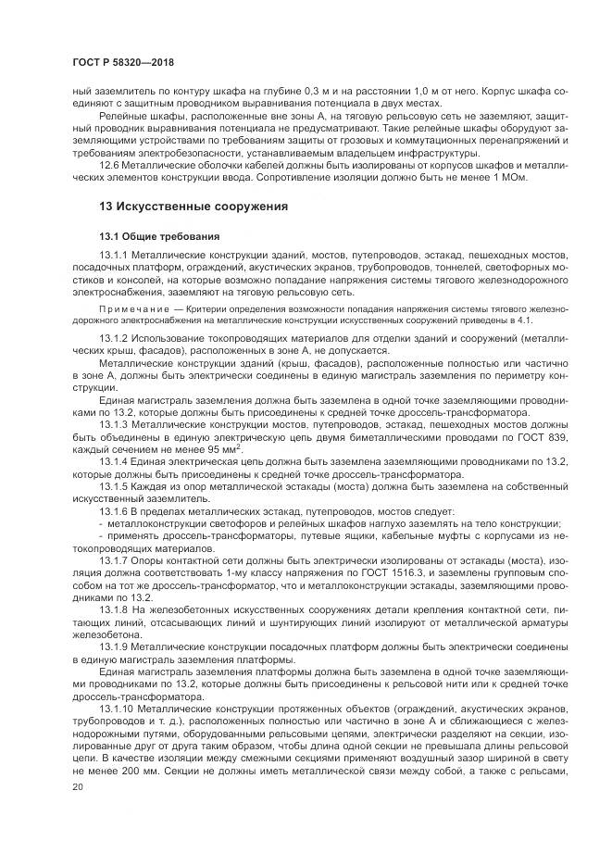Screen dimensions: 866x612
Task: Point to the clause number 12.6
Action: pyautogui.click(x=109, y=164)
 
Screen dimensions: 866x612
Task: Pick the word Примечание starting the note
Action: pyautogui.click(x=127, y=307)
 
